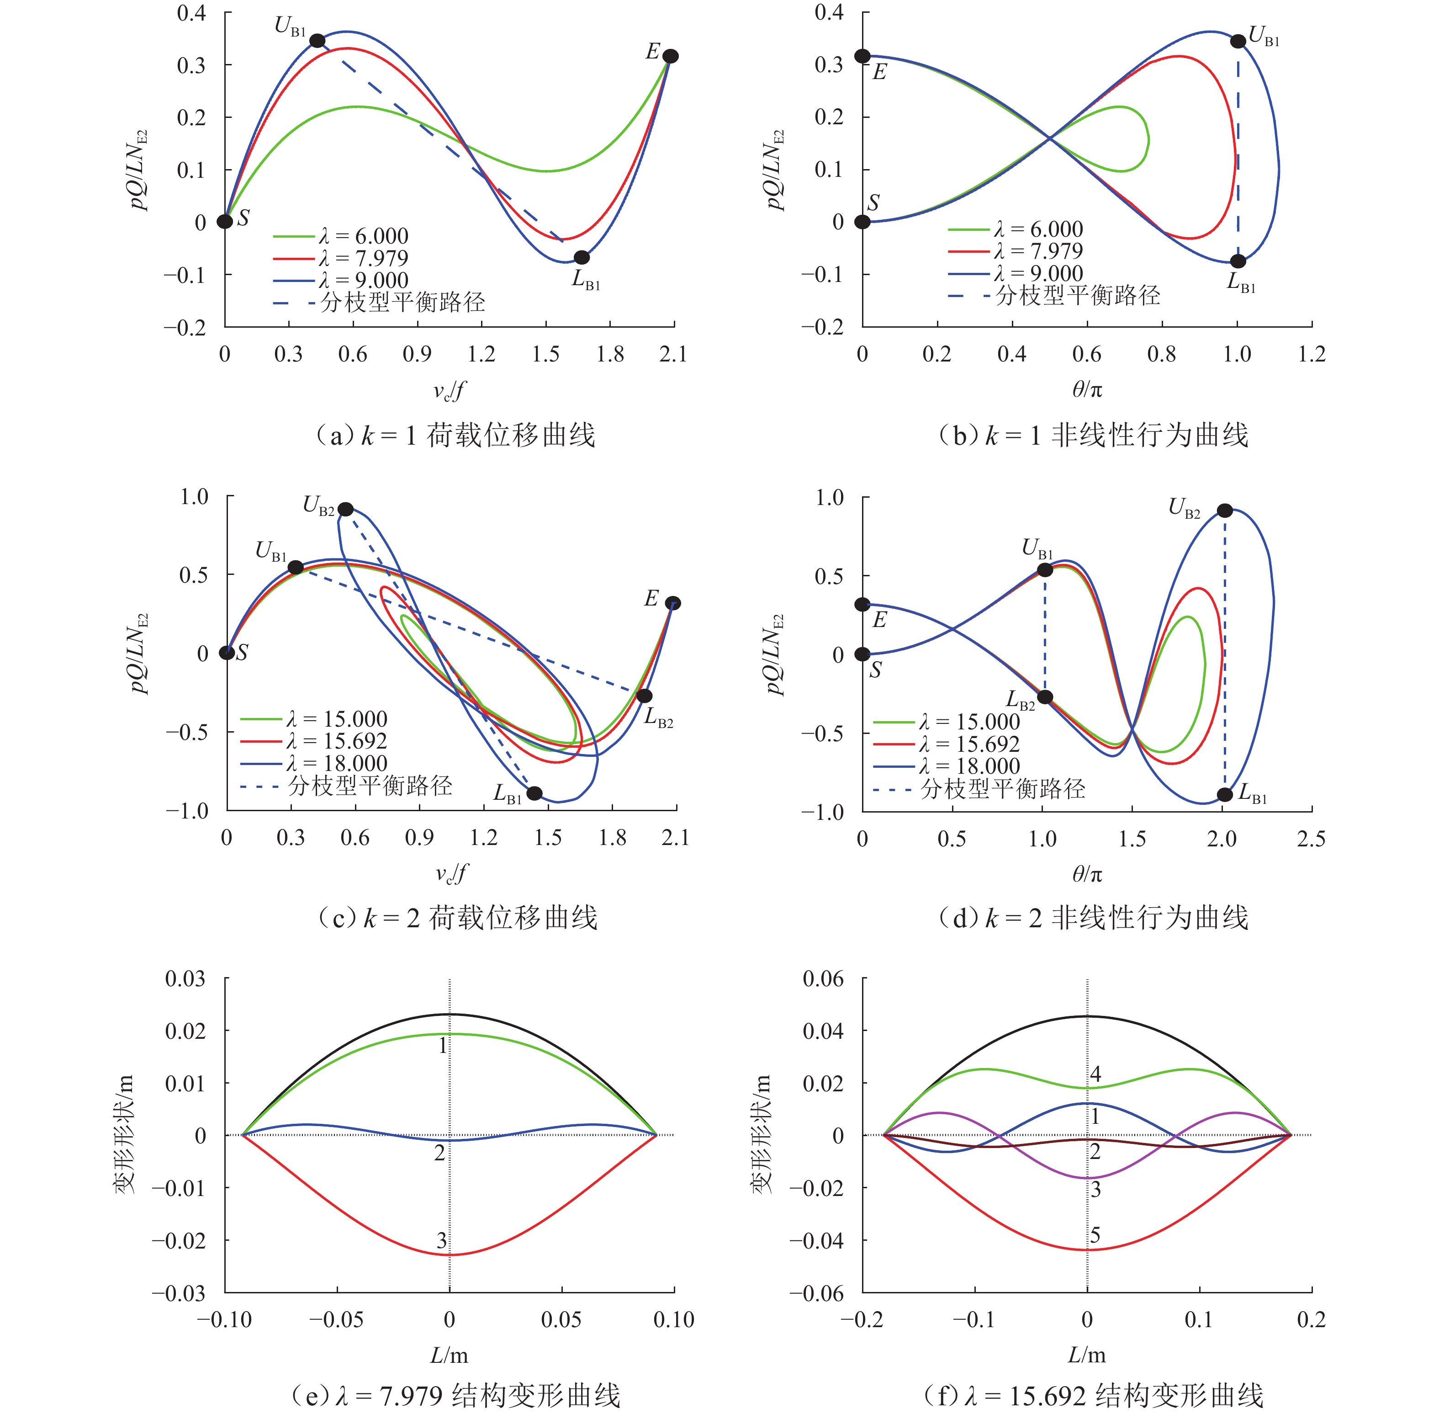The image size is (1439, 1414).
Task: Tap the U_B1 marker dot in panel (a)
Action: coord(317,41)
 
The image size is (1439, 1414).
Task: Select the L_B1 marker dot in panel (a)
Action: coord(582,257)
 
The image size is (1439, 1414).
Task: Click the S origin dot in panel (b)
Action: coord(862,221)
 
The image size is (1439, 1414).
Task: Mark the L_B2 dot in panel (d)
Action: coord(1045,696)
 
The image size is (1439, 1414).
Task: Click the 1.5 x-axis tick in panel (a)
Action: coord(546,354)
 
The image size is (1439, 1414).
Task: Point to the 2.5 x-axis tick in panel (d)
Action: coord(1311,839)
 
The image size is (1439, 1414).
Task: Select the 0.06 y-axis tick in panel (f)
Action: coord(824,979)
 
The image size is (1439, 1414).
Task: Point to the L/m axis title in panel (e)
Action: coord(449,1356)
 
